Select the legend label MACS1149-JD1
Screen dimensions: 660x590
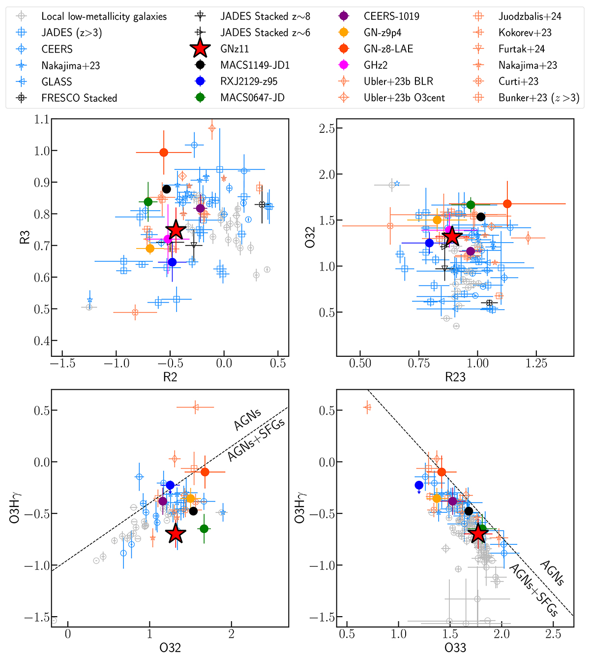(255, 65)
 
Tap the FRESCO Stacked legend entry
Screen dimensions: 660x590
(79, 98)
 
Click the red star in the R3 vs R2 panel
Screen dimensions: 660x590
(176, 230)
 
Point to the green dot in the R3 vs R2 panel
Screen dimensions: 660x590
(148, 202)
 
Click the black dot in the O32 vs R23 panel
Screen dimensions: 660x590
(481, 217)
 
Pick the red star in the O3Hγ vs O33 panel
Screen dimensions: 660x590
(477, 534)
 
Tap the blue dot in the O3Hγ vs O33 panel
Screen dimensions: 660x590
(419, 485)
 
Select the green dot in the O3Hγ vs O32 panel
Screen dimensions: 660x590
(204, 529)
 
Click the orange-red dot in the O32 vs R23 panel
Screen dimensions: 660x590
(507, 204)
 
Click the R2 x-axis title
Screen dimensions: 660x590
(170, 377)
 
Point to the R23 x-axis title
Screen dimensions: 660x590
(455, 377)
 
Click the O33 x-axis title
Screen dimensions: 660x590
(455, 648)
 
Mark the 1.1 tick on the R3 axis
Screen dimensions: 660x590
(42, 120)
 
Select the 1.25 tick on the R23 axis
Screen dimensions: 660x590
(536, 364)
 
